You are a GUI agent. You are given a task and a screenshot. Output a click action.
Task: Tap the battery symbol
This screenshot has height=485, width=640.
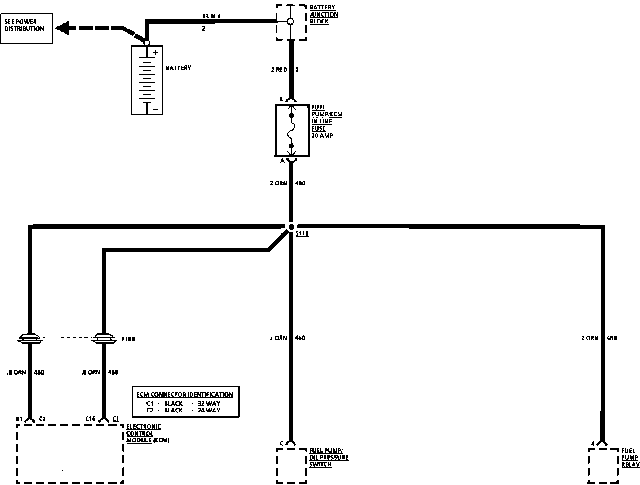pyautogui.click(x=147, y=80)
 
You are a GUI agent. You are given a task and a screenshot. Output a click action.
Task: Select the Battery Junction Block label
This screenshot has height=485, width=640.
pyautogui.click(x=323, y=14)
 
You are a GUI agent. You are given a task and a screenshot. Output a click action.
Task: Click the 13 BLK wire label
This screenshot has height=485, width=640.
pyautogui.click(x=211, y=16)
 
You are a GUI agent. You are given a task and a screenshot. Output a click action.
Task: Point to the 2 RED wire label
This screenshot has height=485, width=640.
pyautogui.click(x=279, y=70)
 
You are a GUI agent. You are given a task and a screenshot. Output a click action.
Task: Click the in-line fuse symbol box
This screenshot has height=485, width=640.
pyautogui.click(x=292, y=131)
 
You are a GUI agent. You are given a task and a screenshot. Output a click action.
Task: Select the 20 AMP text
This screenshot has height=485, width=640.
pyautogui.click(x=322, y=136)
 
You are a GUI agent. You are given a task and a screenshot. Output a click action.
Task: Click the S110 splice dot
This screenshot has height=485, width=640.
pyautogui.click(x=291, y=227)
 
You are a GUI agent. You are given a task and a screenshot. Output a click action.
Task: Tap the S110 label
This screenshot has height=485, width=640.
pyautogui.click(x=302, y=234)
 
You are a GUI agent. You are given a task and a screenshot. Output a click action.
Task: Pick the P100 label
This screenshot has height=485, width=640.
pyautogui.click(x=128, y=339)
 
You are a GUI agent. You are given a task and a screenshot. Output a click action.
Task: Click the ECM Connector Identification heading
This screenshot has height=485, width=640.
pyautogui.click(x=185, y=394)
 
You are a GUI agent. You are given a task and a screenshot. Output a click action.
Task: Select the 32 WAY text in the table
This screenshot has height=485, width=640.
pyautogui.click(x=209, y=403)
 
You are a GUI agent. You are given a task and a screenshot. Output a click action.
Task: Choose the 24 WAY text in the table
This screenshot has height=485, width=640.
pyautogui.click(x=209, y=410)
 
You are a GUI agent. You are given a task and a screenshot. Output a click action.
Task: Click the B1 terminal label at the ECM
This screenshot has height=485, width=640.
pyautogui.click(x=19, y=419)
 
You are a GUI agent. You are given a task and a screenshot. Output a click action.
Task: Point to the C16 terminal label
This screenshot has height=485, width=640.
pyautogui.click(x=90, y=419)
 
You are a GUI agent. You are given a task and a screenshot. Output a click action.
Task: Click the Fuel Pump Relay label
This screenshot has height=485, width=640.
pyautogui.click(x=630, y=458)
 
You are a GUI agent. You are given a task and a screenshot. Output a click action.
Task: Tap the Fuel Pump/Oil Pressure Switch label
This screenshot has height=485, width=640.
pyautogui.click(x=328, y=457)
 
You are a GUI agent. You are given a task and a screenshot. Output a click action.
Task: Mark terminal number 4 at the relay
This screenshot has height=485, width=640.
pyautogui.click(x=592, y=444)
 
